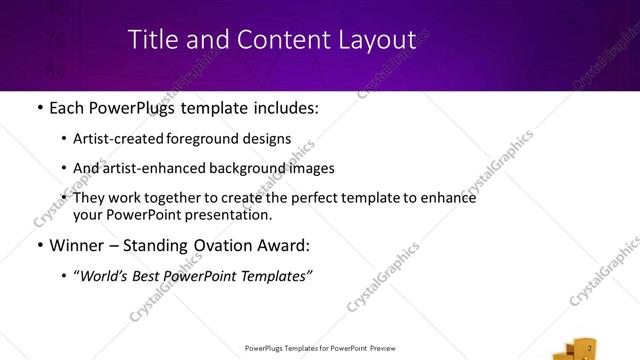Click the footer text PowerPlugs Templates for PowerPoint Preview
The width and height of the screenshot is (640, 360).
coord(320,348)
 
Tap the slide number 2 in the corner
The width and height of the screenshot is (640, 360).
coord(590,347)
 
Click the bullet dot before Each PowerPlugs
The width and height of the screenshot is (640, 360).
coord(39,108)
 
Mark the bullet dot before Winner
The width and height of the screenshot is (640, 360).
coord(39,245)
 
